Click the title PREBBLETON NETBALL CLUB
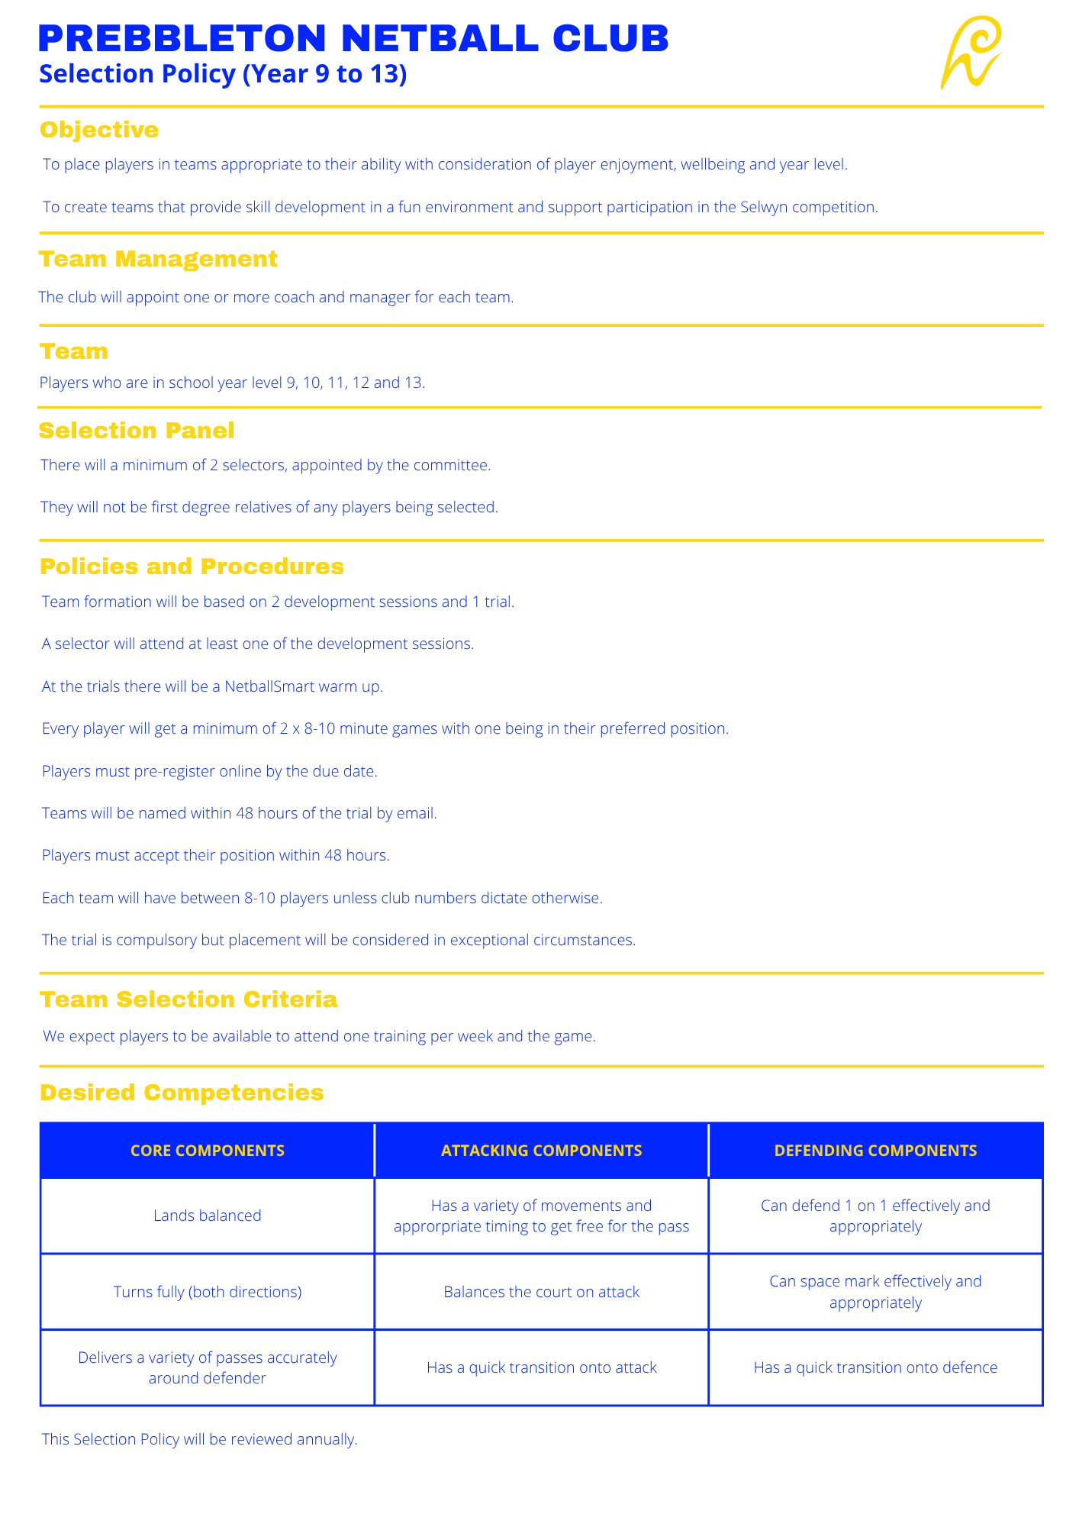pos(353,38)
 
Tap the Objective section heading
pos(99,130)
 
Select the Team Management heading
pos(158,259)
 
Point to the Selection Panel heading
pos(137,431)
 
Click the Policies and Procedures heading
pos(192,567)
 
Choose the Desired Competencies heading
pos(182,1093)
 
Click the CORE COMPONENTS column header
pos(208,1151)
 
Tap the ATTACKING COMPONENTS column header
pos(542,1151)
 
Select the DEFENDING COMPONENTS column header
pos(875,1151)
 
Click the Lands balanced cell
pos(208,1215)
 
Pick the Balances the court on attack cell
pos(542,1292)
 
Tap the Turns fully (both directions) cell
pos(208,1292)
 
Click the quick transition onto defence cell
pos(875,1367)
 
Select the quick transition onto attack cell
pos(542,1367)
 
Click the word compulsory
pos(149,940)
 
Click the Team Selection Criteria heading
pos(188,999)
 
